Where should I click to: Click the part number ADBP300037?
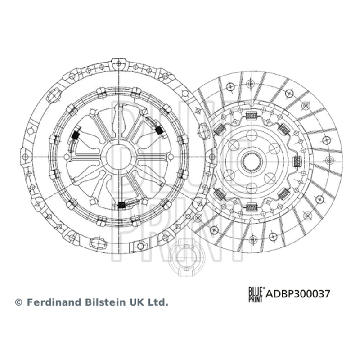click(x=298, y=294)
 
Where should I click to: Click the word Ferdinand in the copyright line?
click(x=54, y=302)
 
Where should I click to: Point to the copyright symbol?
click(x=18, y=302)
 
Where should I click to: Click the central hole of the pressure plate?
click(x=119, y=157)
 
